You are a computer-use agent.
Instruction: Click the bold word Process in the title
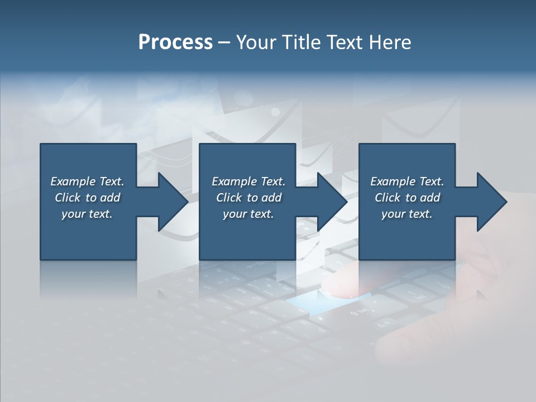[175, 42]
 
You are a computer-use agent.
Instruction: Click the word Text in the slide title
[345, 42]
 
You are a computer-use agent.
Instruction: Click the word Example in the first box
[73, 181]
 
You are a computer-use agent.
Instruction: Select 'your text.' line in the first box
[87, 214]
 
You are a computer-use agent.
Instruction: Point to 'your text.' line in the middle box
[248, 214]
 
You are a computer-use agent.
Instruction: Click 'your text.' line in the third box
[407, 214]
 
